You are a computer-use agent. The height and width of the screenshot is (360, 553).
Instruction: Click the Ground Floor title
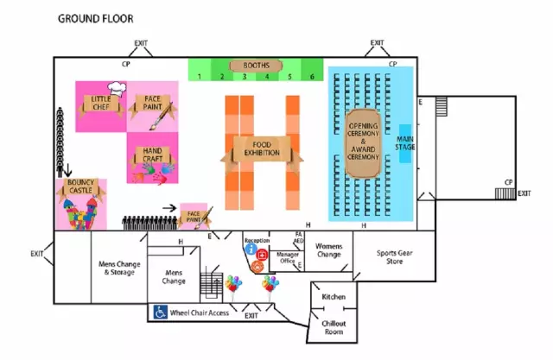pyautogui.click(x=96, y=18)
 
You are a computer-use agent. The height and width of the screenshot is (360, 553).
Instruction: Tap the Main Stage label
pyautogui.click(x=404, y=143)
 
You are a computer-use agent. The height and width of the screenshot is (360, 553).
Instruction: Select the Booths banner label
pyautogui.click(x=256, y=66)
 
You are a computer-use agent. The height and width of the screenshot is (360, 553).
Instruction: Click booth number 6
pyautogui.click(x=312, y=77)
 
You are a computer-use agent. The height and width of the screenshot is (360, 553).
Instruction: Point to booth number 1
pyautogui.click(x=199, y=77)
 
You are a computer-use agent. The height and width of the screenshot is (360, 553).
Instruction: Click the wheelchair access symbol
pyautogui.click(x=160, y=312)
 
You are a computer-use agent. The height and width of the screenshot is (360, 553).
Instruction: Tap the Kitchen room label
pyautogui.click(x=334, y=297)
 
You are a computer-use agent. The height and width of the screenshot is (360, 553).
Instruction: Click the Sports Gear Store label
pyautogui.click(x=394, y=256)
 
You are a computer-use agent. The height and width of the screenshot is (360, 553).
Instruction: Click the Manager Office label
pyautogui.click(x=285, y=258)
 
